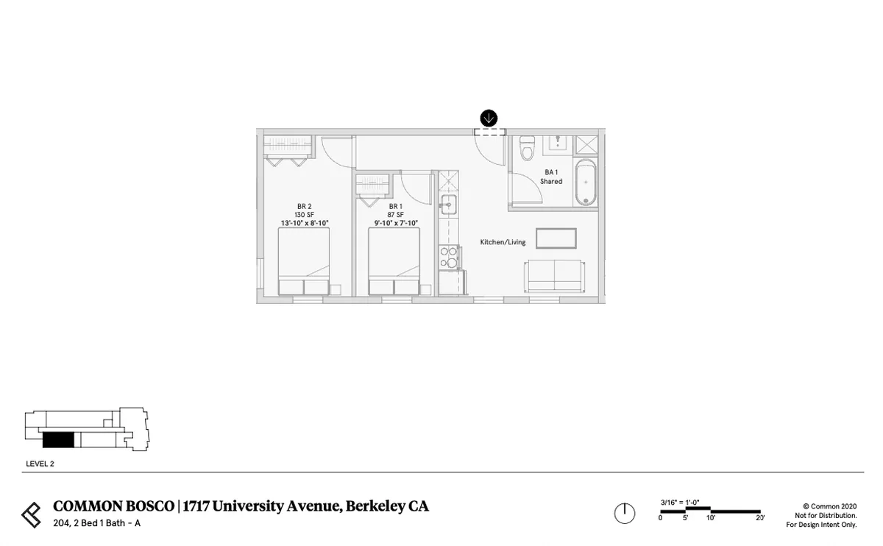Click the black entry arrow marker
[x=489, y=118]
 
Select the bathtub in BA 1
[x=586, y=182]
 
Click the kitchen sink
[x=447, y=203]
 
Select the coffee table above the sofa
[x=556, y=238]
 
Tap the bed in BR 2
[x=303, y=261]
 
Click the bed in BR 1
[x=394, y=261]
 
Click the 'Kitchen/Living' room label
[x=503, y=242]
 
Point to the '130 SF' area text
[x=303, y=214]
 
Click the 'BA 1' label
[x=551, y=172]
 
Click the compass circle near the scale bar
[x=624, y=513]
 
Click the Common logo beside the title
[x=32, y=514]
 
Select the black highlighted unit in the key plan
[x=58, y=440]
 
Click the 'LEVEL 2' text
[x=40, y=464]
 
